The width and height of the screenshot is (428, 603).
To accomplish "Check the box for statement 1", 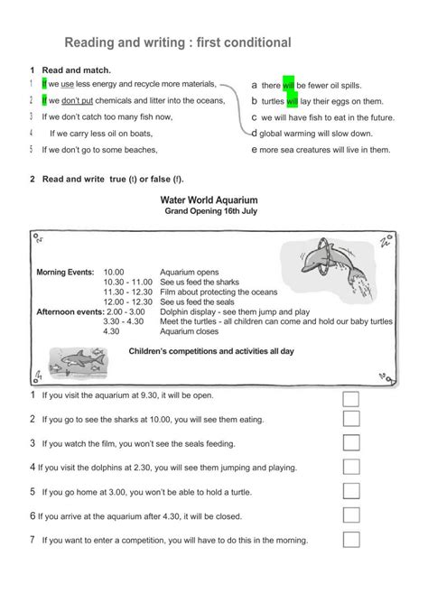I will click(x=351, y=399).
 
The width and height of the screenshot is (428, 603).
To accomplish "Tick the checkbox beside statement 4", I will click(x=351, y=468).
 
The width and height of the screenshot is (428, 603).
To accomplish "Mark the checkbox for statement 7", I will click(x=351, y=540).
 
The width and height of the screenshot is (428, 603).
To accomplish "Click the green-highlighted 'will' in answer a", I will click(x=289, y=85).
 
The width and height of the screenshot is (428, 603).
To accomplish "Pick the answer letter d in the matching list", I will click(x=255, y=133).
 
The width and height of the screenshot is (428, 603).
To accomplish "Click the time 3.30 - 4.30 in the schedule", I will click(x=123, y=320).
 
